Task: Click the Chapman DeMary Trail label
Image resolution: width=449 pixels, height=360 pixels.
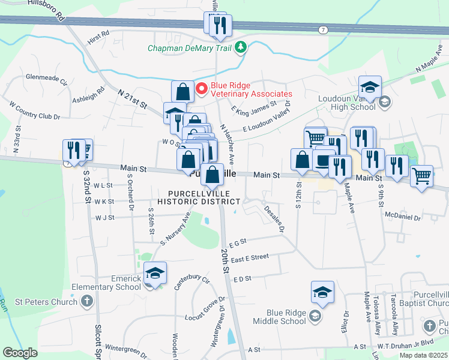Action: coord(190,49)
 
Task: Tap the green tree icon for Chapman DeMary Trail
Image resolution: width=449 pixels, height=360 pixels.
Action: coord(241,47)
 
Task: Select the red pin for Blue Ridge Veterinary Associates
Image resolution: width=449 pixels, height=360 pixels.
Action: coord(202,89)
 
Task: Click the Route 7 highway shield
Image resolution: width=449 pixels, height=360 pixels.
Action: coord(324,29)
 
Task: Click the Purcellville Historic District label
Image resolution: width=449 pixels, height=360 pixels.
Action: coord(204,197)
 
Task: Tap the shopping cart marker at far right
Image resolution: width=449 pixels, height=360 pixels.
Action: coord(422,176)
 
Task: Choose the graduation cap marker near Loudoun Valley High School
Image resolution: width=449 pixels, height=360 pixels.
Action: coord(370,86)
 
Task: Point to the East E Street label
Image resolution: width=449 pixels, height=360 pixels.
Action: coord(250,257)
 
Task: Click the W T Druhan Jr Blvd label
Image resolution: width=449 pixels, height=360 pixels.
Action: coord(411,347)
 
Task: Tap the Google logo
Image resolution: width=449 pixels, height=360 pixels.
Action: coord(20,353)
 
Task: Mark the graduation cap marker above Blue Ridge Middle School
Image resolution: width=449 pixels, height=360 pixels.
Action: coord(322,292)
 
